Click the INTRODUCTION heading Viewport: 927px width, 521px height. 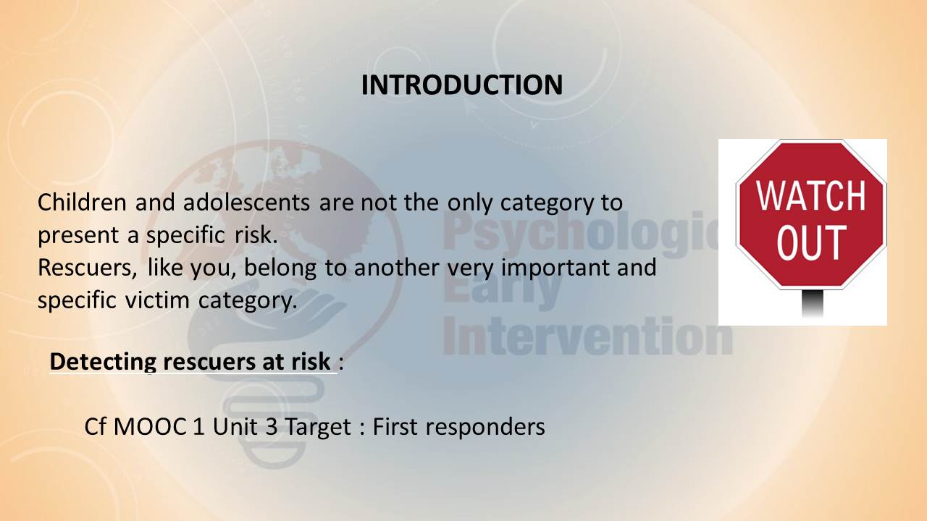tap(462, 85)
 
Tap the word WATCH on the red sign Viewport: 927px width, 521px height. tap(811, 196)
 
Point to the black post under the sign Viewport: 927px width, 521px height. tap(813, 303)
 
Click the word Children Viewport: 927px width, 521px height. tap(82, 202)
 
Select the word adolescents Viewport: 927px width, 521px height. tap(246, 202)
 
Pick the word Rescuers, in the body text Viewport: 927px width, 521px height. tap(88, 268)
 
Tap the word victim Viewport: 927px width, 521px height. tap(157, 300)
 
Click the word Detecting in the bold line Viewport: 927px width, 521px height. tap(103, 362)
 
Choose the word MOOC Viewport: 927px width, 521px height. tap(149, 426)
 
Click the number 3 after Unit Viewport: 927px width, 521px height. tap(272, 426)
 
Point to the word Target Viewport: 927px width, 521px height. tap(318, 427)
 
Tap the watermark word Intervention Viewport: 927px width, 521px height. tap(587, 336)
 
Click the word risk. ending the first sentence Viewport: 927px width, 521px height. tap(256, 235)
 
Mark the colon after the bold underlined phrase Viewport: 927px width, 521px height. tap(341, 363)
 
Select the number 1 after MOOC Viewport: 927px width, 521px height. tap(198, 426)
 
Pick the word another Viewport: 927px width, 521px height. tap(396, 268)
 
